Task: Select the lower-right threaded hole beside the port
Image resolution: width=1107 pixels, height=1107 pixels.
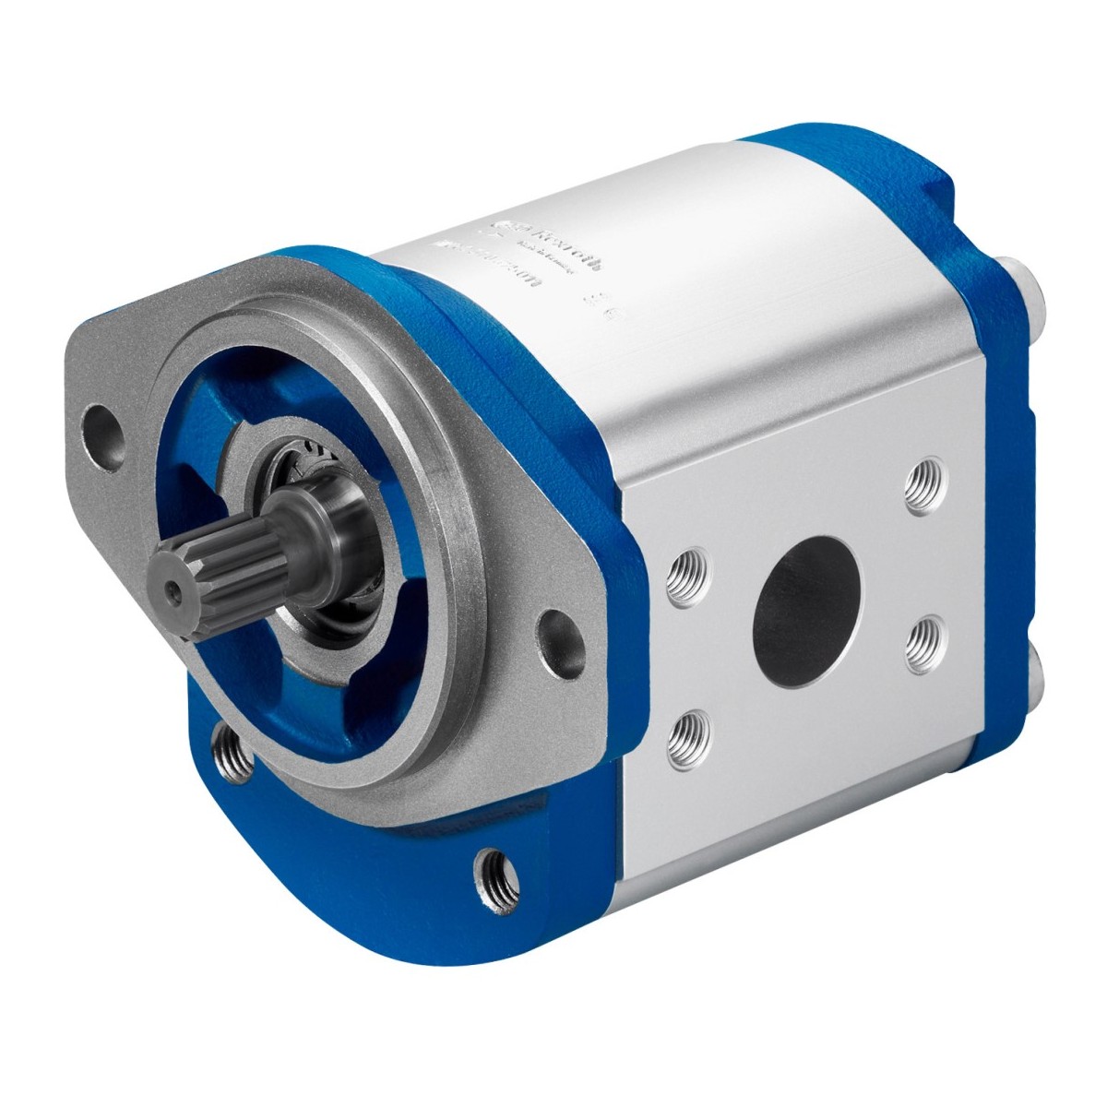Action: tap(919, 637)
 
